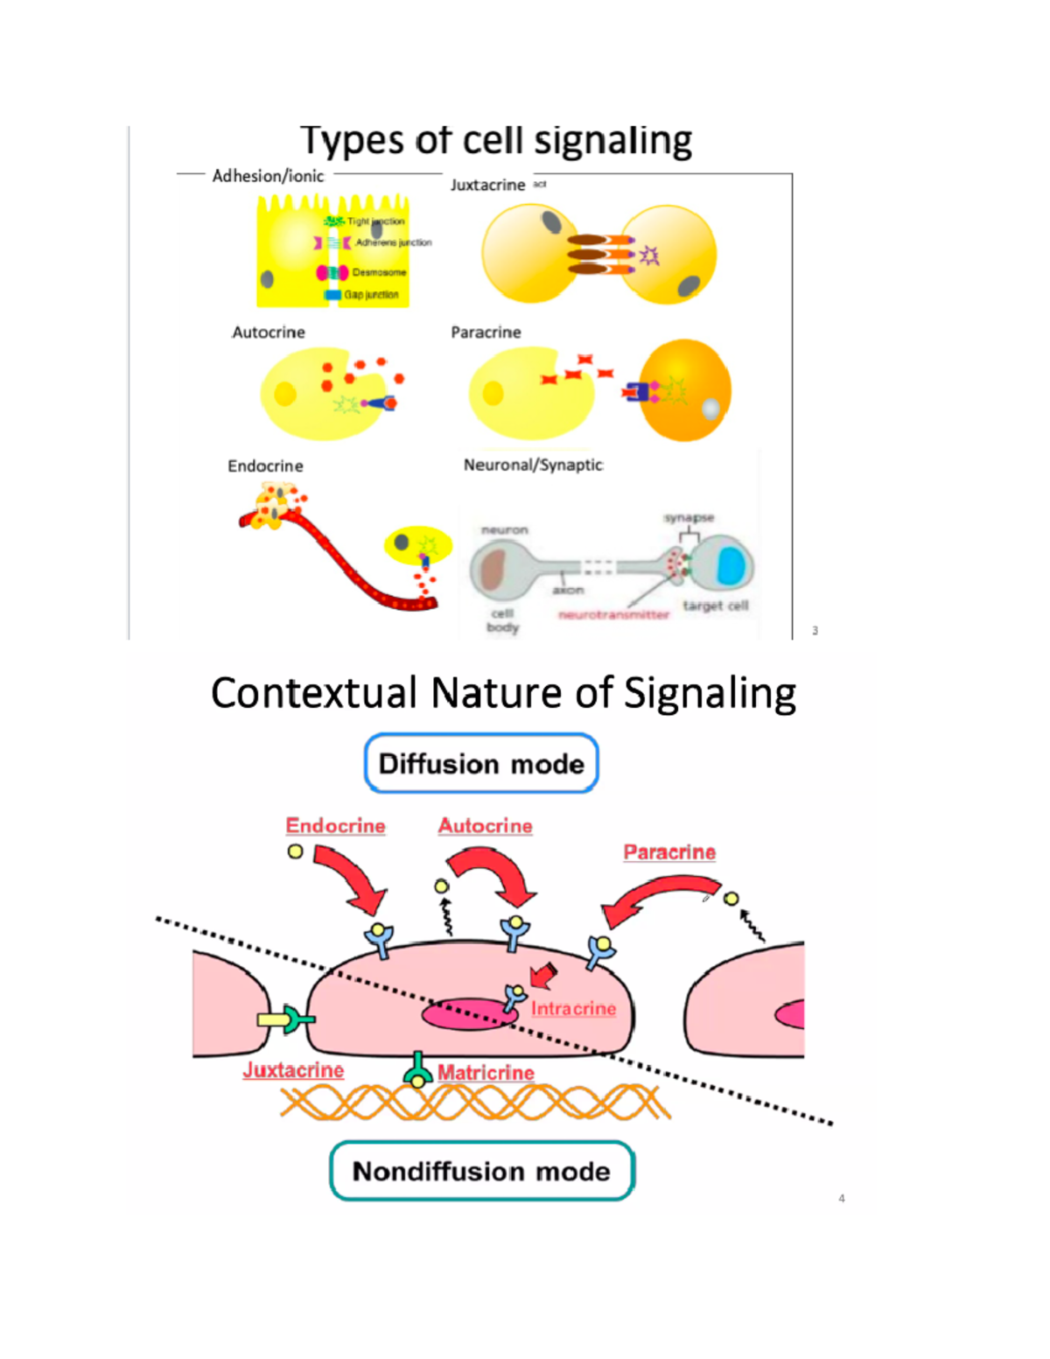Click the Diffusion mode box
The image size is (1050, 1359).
tap(481, 764)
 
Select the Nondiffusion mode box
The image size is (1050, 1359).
tap(481, 1171)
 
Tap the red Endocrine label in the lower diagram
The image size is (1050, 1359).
tap(335, 826)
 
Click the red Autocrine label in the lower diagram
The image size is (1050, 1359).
tap(485, 826)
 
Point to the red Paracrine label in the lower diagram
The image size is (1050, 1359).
tap(669, 852)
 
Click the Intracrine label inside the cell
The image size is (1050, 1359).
tap(573, 1009)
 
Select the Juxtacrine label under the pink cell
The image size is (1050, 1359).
tap(293, 1070)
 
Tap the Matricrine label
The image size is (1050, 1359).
tap(486, 1073)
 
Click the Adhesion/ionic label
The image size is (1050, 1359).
tap(268, 176)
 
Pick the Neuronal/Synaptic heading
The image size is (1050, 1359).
tap(533, 465)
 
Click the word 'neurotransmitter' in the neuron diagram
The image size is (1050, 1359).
tap(613, 615)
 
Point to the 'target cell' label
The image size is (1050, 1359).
tap(715, 606)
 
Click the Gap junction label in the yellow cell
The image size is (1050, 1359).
tap(371, 295)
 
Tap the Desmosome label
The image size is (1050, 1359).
tap(379, 273)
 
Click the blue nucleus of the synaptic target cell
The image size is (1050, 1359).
tap(731, 567)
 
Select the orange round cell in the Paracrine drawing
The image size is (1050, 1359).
tap(684, 390)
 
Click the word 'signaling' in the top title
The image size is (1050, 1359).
tap(612, 141)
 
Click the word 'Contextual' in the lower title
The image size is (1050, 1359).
tap(312, 693)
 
